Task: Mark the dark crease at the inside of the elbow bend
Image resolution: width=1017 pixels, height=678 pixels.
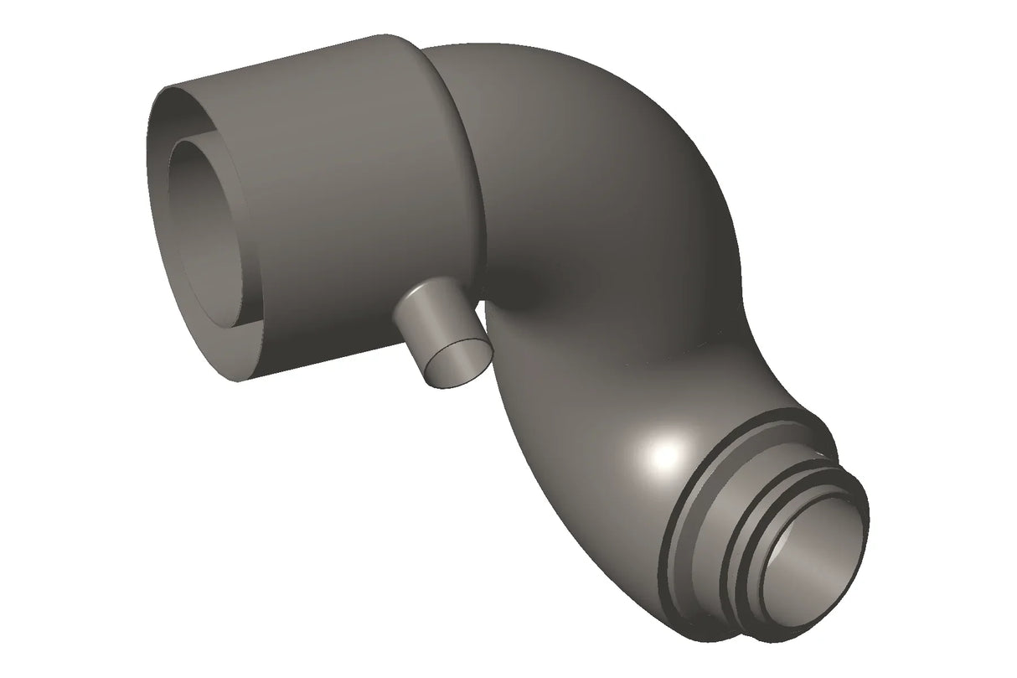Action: click(536, 289)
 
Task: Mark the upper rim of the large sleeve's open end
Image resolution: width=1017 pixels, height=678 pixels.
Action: click(251, 67)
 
